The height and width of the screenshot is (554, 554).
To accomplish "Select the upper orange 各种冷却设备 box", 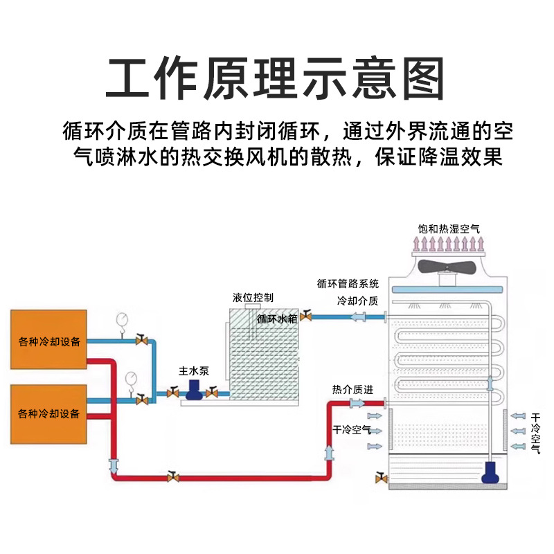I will click(x=48, y=340).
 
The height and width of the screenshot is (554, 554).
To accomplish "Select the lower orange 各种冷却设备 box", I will click(x=48, y=413).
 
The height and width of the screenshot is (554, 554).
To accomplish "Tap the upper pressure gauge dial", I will click(x=123, y=318).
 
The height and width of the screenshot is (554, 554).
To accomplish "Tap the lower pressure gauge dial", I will click(x=129, y=377).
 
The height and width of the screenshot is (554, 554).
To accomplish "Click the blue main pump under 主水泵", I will click(x=193, y=392).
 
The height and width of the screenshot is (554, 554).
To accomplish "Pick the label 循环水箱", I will click(x=277, y=319).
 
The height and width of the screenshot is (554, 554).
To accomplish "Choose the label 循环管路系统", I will click(x=348, y=283).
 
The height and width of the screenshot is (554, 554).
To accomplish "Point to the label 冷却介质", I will click(x=357, y=301).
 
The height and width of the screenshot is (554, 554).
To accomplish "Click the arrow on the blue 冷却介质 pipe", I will click(x=360, y=318).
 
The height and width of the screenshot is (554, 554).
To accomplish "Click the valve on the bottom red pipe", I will click(x=172, y=476).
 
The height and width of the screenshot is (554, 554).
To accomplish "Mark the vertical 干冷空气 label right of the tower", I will click(x=535, y=434).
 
